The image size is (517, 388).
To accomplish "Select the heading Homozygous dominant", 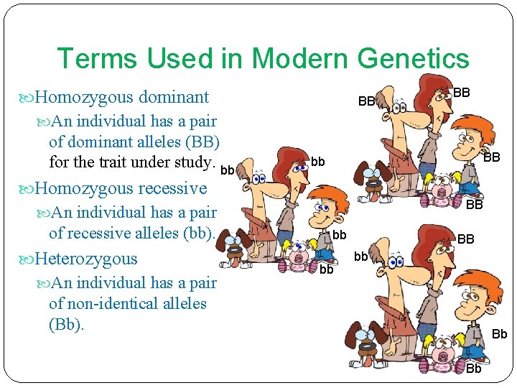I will point(122,97).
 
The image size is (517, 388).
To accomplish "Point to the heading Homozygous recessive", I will point(121,188).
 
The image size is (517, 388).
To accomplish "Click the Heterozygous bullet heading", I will point(85,258).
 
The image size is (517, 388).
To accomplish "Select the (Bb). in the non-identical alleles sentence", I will point(67,324).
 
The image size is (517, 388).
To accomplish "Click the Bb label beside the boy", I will point(500,334).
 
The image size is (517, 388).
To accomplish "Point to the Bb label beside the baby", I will point(474,369).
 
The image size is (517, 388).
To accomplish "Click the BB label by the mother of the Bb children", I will point(466,239).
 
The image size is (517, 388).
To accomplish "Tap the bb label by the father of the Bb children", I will point(361,256).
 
